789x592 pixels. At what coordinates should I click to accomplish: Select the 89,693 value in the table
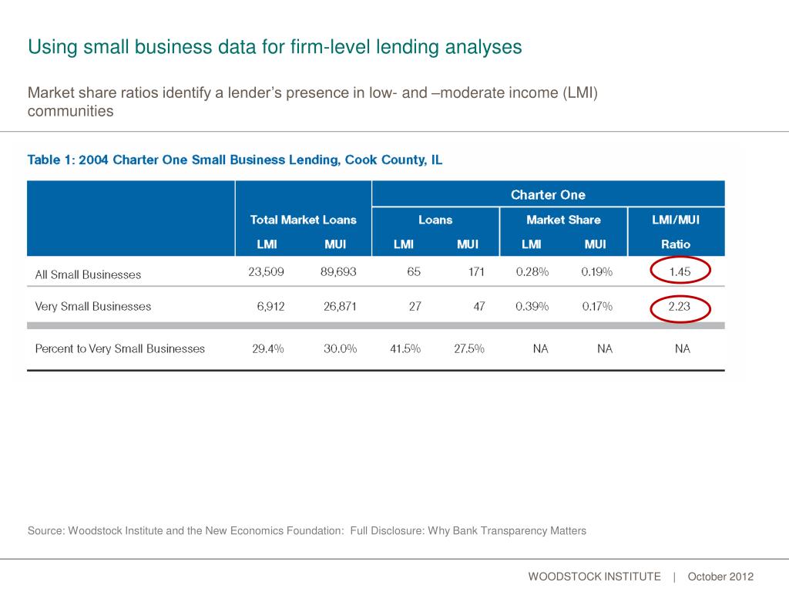[338, 272]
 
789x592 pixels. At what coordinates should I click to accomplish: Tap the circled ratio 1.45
[679, 272]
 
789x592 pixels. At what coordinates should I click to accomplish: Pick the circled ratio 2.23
[679, 306]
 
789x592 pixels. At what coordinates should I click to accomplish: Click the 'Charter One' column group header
[548, 194]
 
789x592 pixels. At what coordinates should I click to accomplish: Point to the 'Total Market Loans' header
[303, 220]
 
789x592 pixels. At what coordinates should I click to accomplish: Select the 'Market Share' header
[563, 220]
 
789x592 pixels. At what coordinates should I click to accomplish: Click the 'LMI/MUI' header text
[676, 220]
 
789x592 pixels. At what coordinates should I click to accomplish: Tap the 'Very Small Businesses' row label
[93, 306]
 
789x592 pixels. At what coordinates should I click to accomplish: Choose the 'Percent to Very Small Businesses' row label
[120, 348]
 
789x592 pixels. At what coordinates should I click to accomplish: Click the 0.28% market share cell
[532, 272]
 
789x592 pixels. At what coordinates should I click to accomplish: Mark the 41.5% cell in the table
[405, 348]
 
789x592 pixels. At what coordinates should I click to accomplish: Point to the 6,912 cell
[270, 306]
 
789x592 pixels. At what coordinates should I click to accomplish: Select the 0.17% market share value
[597, 306]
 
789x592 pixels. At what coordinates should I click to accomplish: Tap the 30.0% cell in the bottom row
[340, 348]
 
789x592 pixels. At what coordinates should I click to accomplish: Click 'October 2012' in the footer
[720, 577]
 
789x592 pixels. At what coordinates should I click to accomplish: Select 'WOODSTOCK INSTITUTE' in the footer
[594, 577]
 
